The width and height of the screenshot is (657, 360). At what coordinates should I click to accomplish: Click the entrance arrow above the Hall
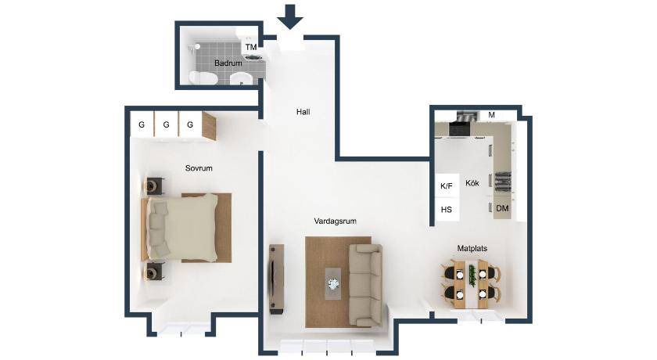(290, 16)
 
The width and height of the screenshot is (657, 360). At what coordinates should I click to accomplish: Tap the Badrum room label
(228, 63)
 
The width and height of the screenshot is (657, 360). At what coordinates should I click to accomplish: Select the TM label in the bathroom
(251, 48)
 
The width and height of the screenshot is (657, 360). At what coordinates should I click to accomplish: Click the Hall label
(303, 112)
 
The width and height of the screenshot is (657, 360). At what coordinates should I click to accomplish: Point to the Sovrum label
(199, 168)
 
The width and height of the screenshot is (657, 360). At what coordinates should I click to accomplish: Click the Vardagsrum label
(336, 221)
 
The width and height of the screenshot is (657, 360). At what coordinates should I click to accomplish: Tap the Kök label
(472, 183)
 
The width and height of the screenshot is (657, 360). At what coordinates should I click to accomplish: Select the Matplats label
(472, 249)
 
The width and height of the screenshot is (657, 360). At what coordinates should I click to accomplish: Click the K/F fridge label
(447, 186)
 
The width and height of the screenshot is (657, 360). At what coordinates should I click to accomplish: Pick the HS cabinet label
(447, 209)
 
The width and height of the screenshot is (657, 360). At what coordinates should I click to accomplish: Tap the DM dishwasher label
(502, 208)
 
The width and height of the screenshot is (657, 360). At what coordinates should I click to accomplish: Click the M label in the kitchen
(491, 115)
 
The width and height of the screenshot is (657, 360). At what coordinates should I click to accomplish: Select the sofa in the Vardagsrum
(365, 286)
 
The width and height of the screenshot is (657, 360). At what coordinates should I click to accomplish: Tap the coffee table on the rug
(333, 284)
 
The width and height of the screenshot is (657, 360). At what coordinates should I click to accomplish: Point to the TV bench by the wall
(277, 279)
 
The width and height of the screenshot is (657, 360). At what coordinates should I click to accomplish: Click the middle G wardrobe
(167, 124)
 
